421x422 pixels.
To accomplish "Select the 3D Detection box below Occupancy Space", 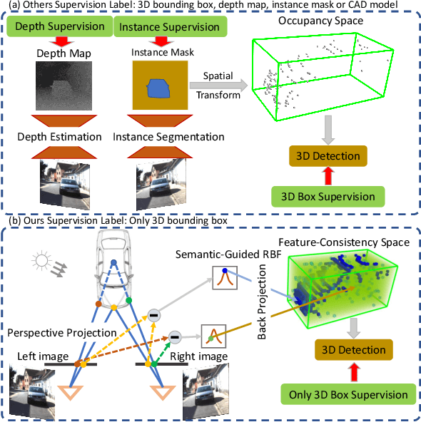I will point(328,155).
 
